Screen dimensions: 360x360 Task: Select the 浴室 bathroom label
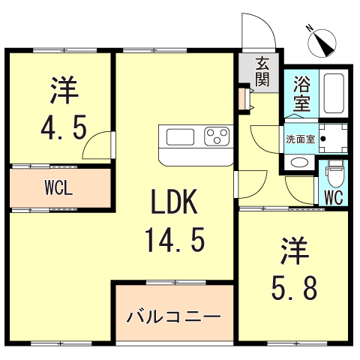point(301,93)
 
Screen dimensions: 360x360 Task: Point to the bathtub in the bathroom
point(334,93)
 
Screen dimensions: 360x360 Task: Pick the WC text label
point(333,197)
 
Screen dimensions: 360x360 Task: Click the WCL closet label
point(58,187)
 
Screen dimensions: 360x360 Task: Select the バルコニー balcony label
point(173,316)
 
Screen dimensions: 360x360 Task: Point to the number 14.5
point(174,241)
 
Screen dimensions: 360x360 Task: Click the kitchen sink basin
point(181,136)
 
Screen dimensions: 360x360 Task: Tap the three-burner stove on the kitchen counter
point(217,136)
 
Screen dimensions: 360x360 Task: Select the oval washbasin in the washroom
point(298,163)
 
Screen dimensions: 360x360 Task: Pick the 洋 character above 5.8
point(295,250)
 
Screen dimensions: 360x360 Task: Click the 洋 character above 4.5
point(64,89)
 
